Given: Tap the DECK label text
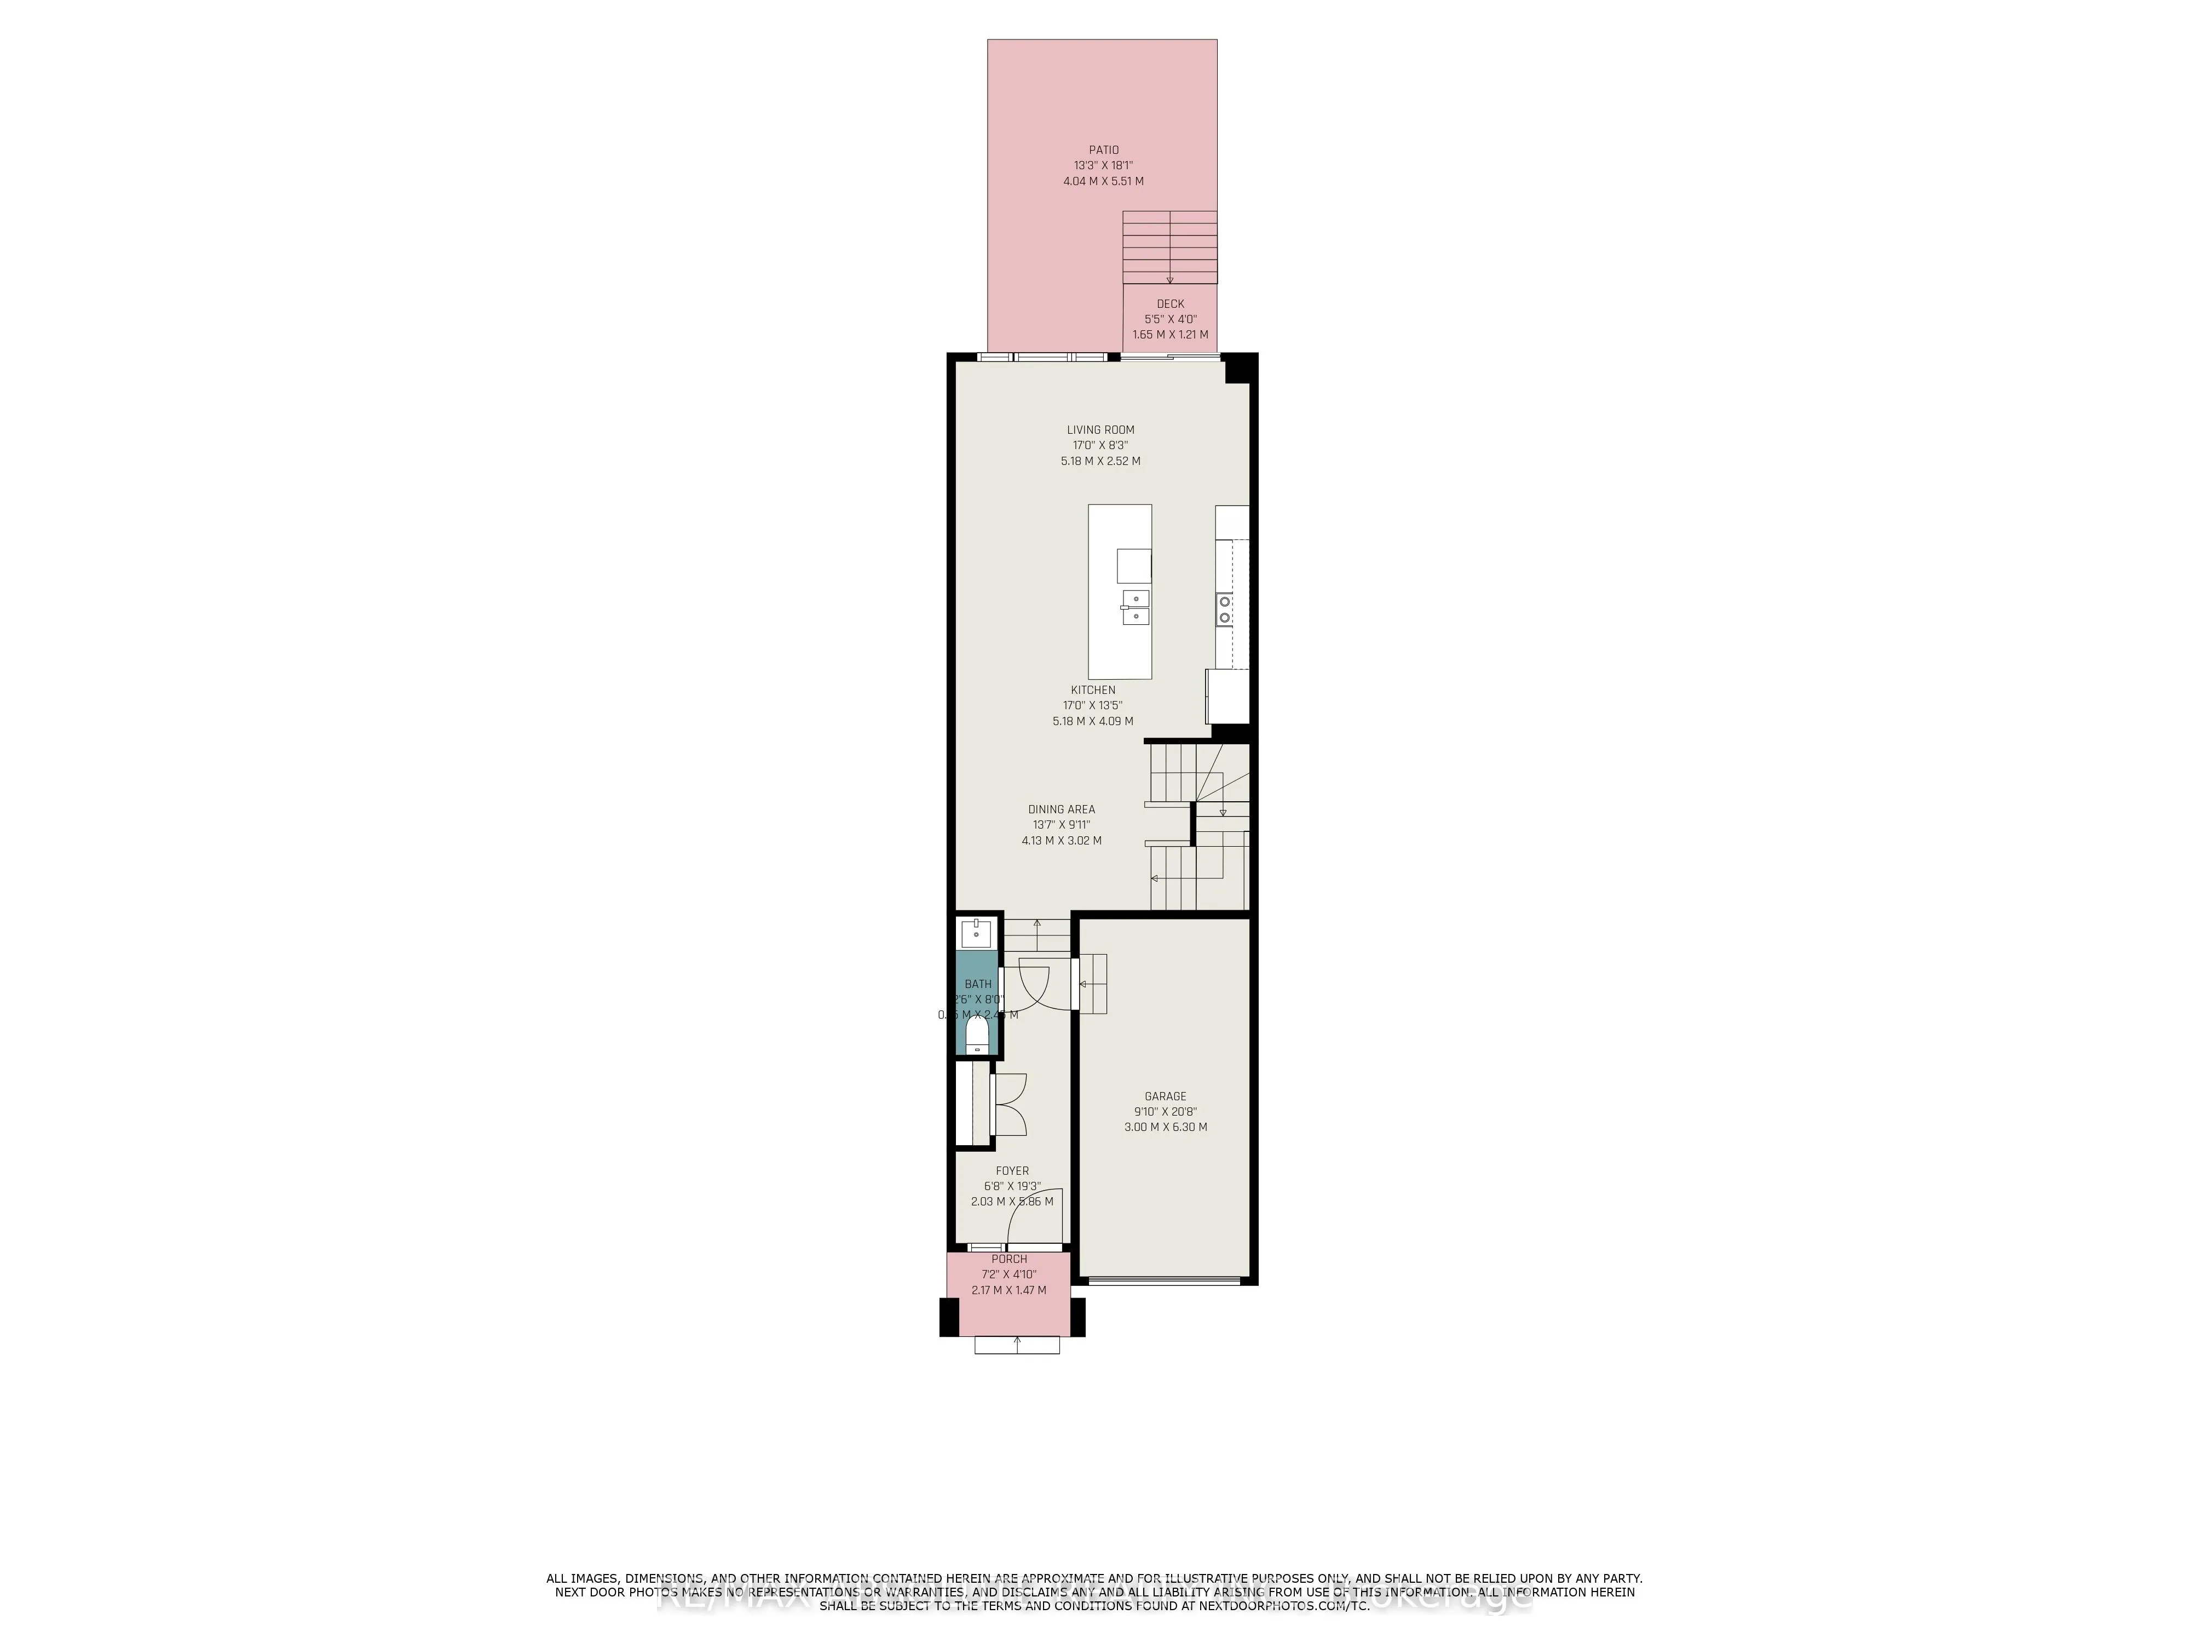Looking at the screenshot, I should (1169, 304).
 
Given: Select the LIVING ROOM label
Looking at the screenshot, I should (1100, 430).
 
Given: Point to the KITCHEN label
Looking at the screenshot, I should (1092, 690).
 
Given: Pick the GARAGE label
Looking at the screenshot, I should (1165, 1096).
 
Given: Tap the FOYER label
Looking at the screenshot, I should (1012, 1170).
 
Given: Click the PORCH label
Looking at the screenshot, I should (1009, 1259).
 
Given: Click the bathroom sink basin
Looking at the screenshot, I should (976, 933).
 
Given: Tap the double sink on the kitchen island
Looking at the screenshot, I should (1134, 607).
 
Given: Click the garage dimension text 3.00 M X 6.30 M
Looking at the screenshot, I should (1165, 1127).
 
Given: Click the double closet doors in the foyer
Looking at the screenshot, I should (1010, 1104).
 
